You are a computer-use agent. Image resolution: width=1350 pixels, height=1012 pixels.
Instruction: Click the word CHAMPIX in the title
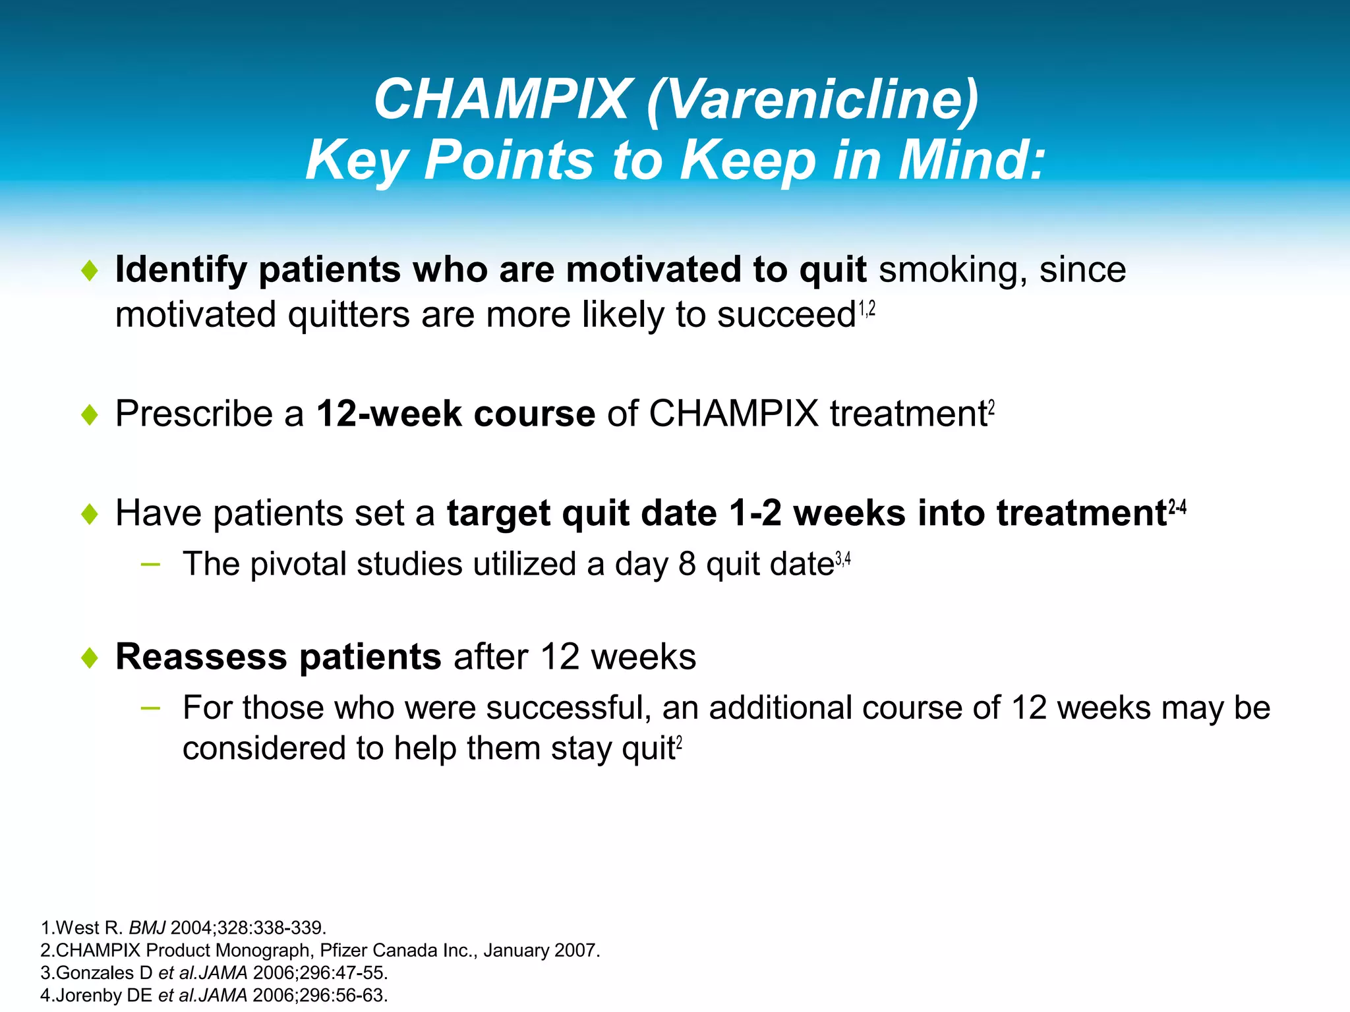(501, 100)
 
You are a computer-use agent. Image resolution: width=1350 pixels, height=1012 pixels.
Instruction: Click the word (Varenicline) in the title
(812, 100)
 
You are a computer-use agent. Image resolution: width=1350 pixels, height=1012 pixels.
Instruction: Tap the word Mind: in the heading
(972, 160)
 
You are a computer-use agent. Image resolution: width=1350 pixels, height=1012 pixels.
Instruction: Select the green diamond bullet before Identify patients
(90, 270)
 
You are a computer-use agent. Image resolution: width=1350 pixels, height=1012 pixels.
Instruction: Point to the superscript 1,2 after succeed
(867, 308)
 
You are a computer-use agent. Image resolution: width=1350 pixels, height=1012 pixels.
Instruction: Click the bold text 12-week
(389, 414)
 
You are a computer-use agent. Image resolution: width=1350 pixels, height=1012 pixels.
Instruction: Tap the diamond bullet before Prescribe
(90, 415)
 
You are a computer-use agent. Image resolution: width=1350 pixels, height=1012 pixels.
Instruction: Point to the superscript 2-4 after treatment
(1177, 507)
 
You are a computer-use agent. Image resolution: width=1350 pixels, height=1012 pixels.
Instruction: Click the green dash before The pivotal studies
(150, 564)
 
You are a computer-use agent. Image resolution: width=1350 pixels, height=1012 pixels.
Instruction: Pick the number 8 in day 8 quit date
(687, 565)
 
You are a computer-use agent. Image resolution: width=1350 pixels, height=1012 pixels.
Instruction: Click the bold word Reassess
(201, 657)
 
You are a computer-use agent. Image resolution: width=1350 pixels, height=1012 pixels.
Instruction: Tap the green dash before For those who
(150, 708)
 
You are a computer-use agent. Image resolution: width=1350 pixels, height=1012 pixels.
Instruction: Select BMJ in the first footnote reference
(147, 928)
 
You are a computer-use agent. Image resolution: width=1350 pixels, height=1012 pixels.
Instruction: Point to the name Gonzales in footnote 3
(95, 972)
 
